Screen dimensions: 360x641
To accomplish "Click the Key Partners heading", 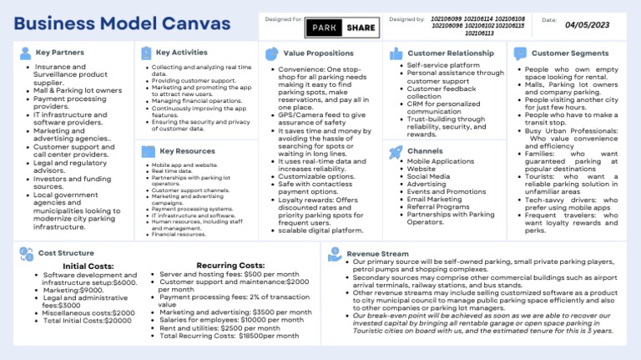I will click(x=60, y=53).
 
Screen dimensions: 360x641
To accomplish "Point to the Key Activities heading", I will click(x=181, y=53).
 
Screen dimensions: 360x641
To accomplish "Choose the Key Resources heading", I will click(x=186, y=151).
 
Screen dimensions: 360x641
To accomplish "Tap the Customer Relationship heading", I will click(x=450, y=53).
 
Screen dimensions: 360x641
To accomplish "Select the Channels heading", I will click(x=425, y=151).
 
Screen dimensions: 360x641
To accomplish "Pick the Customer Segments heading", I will click(x=572, y=53).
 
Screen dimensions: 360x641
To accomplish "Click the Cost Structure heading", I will click(x=66, y=252).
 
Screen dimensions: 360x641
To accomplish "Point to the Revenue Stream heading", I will click(x=378, y=253).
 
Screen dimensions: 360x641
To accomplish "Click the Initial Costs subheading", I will click(x=88, y=266).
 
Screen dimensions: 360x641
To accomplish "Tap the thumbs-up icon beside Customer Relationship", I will click(x=396, y=53).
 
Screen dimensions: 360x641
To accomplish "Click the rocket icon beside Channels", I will click(x=396, y=152).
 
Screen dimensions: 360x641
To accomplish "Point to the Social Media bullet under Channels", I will click(x=428, y=176).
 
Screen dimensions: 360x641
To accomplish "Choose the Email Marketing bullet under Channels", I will click(x=434, y=199).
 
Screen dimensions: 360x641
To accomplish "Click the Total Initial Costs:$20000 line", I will click(x=88, y=321).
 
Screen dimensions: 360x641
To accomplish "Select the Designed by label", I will click(x=406, y=18).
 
